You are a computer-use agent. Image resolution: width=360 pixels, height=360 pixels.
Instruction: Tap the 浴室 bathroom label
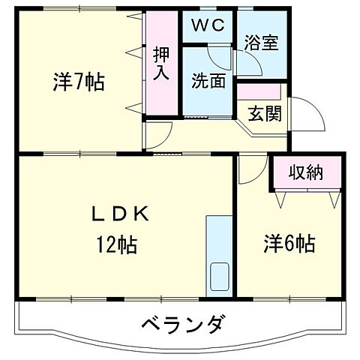262,43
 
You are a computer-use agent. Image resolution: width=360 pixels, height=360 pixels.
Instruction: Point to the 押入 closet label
161,63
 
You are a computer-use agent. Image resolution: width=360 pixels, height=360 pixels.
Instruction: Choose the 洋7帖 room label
78,81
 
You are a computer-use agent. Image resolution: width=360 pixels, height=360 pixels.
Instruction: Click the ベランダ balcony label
181,325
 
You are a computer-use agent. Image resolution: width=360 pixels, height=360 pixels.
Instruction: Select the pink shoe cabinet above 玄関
259,91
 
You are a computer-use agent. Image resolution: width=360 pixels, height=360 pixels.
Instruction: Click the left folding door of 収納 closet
283,199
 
